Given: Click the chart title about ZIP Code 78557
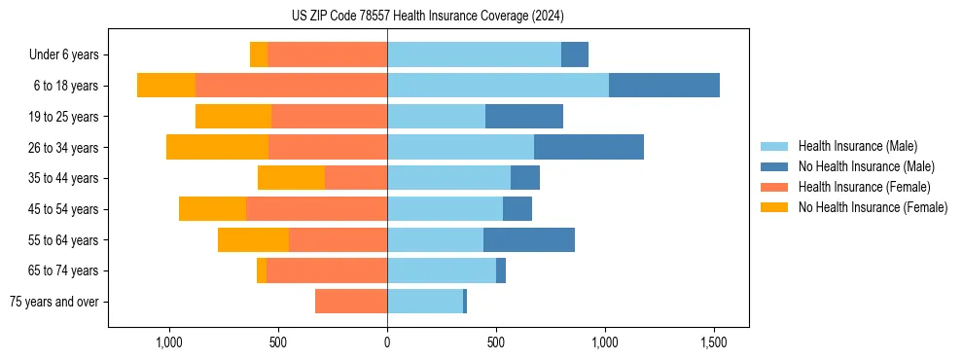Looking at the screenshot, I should coord(427,17).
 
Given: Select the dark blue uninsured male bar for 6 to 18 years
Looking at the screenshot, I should coord(663,86).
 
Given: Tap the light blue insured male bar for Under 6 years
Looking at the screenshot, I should coord(474,54).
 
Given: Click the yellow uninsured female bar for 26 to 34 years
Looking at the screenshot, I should coord(217,147).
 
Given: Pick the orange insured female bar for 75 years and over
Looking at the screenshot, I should coord(351,302).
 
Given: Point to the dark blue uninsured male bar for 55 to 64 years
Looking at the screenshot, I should coord(528,239).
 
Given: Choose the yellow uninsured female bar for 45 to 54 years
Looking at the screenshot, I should coord(212,209).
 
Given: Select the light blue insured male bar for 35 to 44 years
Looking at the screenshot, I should coord(448,178).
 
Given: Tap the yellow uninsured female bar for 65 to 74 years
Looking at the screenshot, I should coord(262,270).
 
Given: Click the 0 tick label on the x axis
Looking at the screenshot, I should coord(387,342).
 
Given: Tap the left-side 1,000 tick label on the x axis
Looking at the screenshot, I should coord(169,342).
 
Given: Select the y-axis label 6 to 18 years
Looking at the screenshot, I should coord(65,86).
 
